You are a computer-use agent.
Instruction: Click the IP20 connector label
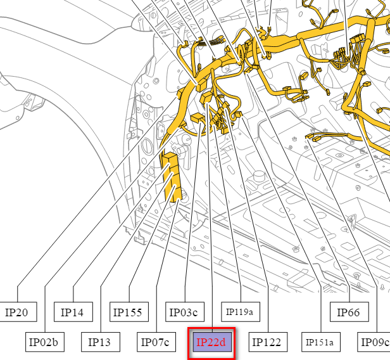(18, 312)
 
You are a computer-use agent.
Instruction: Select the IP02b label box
(45, 342)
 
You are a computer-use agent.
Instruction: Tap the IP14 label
(73, 312)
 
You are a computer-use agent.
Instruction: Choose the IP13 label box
(101, 342)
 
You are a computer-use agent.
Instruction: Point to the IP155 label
(129, 312)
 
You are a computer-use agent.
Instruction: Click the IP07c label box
(156, 342)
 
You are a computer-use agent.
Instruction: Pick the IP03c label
(185, 312)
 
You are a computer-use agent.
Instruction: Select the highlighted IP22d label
(212, 343)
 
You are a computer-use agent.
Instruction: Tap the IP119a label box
(241, 312)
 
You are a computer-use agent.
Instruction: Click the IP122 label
(268, 342)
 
